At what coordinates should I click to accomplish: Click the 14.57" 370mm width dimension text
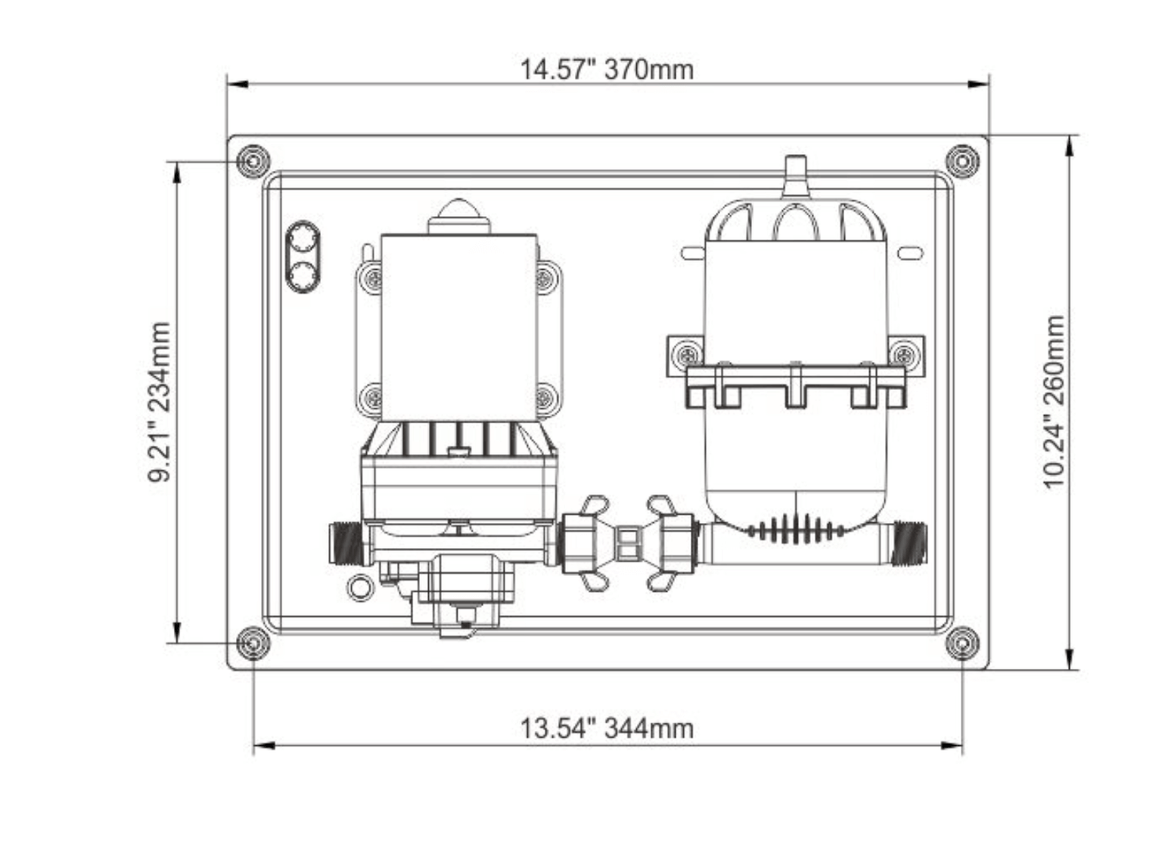pos(606,69)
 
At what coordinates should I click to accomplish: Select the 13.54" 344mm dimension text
pos(606,728)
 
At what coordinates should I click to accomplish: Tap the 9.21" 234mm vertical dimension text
pos(160,401)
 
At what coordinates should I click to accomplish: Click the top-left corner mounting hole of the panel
pos(253,161)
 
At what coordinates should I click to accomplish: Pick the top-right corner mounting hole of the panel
pos(962,161)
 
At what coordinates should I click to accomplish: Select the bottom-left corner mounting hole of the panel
pos(253,643)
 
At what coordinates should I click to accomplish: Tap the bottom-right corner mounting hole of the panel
pos(962,643)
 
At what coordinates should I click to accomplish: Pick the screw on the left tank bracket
pos(687,354)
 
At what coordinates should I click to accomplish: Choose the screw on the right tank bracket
pos(904,354)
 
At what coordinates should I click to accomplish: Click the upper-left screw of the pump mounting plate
pos(372,279)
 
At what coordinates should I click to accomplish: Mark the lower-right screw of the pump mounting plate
pos(545,396)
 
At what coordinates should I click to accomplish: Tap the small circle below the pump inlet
pos(359,587)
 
